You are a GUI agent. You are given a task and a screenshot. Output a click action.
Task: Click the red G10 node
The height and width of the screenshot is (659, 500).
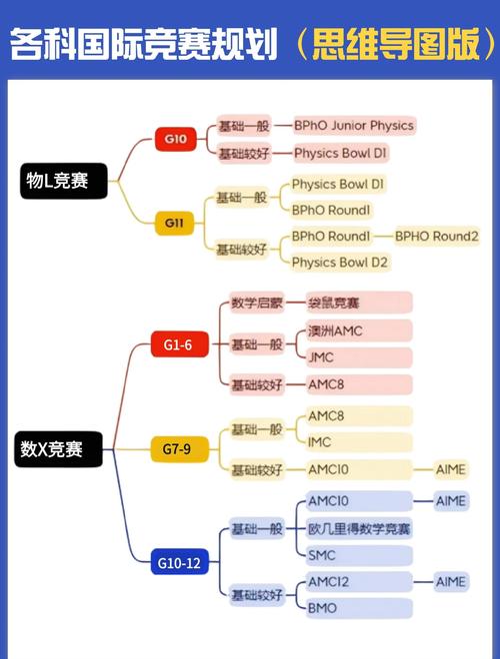175,139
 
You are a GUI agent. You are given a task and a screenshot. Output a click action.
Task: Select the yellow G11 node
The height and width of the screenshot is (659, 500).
175,222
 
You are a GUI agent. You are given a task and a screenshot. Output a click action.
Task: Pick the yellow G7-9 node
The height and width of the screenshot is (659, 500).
178,450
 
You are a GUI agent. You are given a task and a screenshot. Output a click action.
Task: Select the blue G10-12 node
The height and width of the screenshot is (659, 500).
178,563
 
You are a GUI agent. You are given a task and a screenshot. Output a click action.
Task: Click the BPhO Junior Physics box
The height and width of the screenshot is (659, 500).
353,126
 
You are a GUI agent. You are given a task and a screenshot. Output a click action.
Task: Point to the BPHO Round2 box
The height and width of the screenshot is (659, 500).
436,237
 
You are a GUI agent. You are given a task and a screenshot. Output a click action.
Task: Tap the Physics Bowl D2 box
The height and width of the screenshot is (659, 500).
340,263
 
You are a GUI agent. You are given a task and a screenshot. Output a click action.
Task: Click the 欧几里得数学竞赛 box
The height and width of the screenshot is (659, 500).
359,528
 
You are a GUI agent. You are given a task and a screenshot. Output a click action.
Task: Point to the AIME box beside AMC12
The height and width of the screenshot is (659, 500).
450,581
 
